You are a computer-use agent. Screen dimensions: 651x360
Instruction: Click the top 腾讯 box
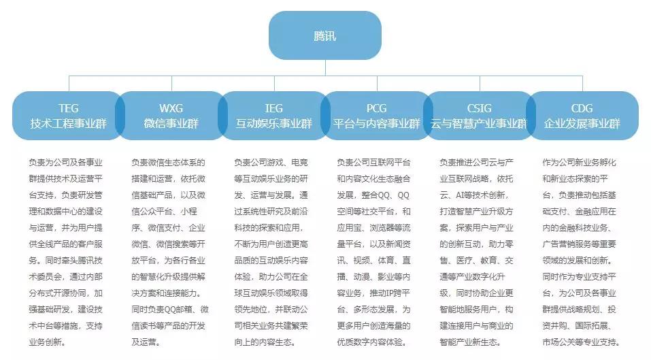tap(325, 35)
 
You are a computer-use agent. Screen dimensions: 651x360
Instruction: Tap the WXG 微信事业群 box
tap(171, 116)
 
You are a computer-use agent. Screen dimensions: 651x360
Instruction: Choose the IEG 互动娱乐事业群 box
tap(273, 116)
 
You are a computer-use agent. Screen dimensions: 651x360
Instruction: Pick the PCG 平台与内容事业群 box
tap(377, 116)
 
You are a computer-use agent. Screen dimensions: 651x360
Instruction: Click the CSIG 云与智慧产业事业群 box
tap(479, 116)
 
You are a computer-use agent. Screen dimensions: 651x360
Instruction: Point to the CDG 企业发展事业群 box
tap(582, 116)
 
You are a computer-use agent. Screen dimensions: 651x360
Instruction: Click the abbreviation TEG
tap(69, 108)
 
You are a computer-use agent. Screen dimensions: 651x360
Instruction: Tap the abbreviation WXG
tap(171, 108)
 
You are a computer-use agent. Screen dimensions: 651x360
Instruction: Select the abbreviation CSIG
tap(479, 108)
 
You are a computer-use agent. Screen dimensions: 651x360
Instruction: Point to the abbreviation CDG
tap(582, 108)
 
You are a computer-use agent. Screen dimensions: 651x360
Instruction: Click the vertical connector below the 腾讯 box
tap(325, 67)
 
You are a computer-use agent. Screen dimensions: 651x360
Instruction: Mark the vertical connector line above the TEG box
tap(69, 84)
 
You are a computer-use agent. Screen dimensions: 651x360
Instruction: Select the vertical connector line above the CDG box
tap(582, 84)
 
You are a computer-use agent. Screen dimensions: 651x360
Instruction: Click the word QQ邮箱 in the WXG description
tap(185, 310)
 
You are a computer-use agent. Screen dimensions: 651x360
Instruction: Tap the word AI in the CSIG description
tap(461, 195)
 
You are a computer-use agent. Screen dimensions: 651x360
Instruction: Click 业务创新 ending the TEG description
tap(46, 342)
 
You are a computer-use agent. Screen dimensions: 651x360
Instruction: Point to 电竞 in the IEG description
tap(299, 163)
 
